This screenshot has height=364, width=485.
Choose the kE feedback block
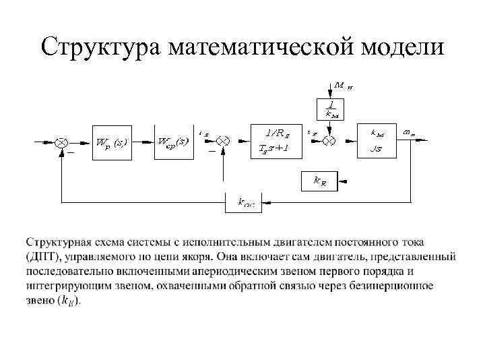(320, 180)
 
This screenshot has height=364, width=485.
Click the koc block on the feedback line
(246, 201)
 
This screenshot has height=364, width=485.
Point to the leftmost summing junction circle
(61, 142)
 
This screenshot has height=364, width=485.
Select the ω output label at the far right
(408, 133)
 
